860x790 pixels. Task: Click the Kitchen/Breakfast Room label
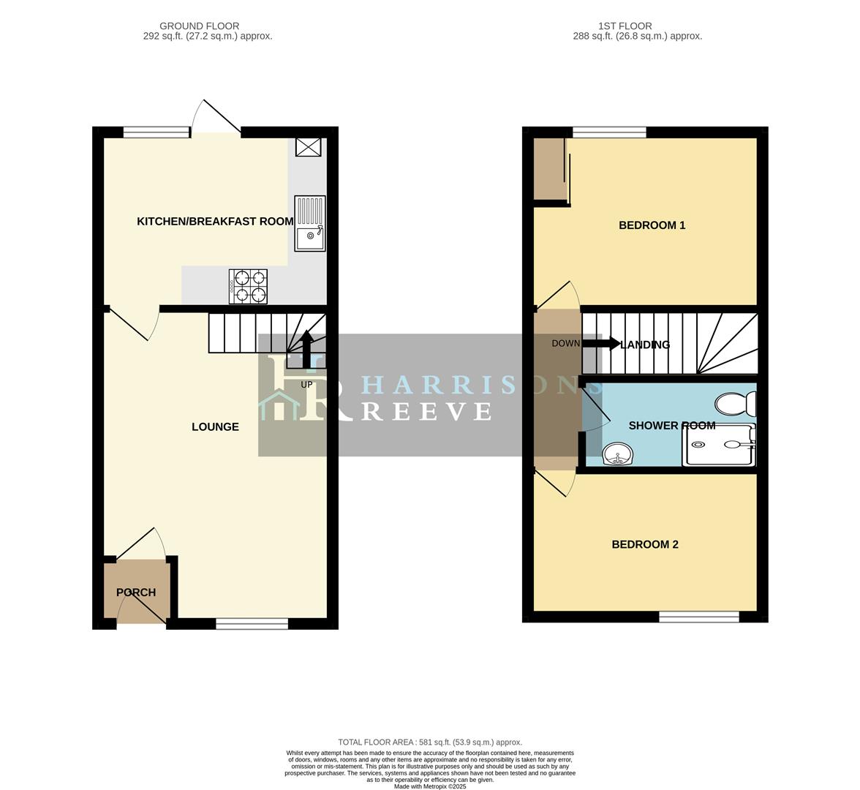215,221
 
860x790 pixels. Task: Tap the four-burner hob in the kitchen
249,286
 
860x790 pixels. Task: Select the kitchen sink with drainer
310,224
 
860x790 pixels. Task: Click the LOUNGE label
215,426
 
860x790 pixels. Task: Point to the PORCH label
136,592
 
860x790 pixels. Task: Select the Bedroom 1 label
652,225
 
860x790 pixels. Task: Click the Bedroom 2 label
645,544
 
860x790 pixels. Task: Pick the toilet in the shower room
736,404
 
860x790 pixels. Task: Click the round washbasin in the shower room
619,455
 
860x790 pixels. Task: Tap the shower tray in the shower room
719,444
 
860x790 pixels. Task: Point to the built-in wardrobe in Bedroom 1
549,169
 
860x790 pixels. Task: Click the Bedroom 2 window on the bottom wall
699,617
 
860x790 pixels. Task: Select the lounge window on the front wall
252,623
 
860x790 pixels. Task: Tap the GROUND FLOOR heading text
199,26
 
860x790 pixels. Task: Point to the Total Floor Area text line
430,742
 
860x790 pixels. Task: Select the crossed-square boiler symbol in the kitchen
308,147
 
